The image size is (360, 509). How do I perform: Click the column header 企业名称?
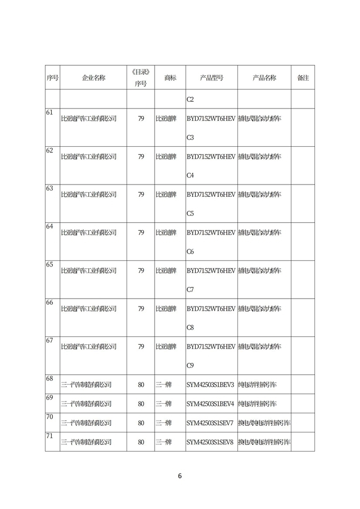(x=93, y=78)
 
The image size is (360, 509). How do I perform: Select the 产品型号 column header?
(x=211, y=78)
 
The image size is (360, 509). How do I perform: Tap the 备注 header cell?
(x=303, y=78)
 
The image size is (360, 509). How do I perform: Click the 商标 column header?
(x=170, y=78)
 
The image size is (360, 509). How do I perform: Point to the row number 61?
(x=49, y=112)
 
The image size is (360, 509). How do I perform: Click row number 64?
(x=49, y=227)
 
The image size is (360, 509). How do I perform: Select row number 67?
(x=49, y=341)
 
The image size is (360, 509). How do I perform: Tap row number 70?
(x=49, y=417)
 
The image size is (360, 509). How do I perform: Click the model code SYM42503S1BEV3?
(x=210, y=385)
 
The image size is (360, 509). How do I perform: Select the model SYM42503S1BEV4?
(x=210, y=404)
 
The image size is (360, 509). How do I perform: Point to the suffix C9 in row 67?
(x=190, y=366)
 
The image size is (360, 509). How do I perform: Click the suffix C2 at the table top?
(x=190, y=100)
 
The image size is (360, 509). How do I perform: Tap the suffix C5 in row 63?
(x=190, y=214)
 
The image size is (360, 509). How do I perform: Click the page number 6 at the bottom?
(x=180, y=476)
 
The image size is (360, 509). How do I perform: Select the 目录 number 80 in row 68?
(x=141, y=385)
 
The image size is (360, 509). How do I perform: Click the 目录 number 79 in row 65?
(x=141, y=271)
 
